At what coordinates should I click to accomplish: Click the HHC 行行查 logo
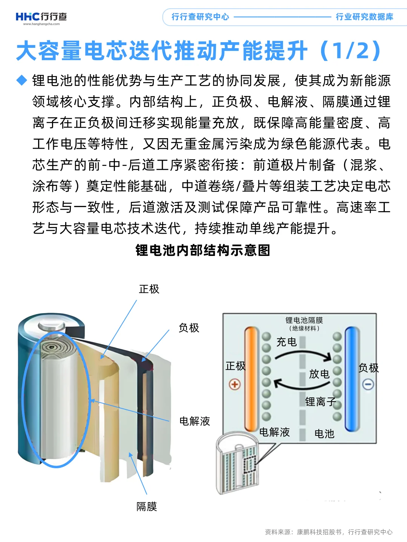[41, 17]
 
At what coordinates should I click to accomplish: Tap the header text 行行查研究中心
[200, 17]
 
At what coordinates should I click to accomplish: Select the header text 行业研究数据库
[364, 17]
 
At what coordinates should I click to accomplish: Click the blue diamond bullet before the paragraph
[22, 80]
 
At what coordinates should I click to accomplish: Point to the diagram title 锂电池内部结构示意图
[203, 250]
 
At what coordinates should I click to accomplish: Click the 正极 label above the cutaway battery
[149, 289]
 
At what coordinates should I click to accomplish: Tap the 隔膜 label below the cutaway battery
[147, 507]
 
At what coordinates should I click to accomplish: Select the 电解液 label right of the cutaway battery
[194, 421]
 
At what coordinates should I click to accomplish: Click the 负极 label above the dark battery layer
[189, 328]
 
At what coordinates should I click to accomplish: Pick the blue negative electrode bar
[352, 378]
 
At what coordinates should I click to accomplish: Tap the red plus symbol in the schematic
[235, 384]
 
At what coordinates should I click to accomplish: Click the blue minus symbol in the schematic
[368, 384]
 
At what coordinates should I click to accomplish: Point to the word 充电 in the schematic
[286, 342]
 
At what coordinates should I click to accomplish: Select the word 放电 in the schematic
[319, 374]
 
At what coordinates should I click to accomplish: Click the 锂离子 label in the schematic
[320, 402]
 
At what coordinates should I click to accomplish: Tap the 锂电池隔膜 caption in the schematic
[304, 320]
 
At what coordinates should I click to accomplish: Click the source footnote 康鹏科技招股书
[319, 532]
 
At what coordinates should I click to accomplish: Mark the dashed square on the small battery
[250, 465]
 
